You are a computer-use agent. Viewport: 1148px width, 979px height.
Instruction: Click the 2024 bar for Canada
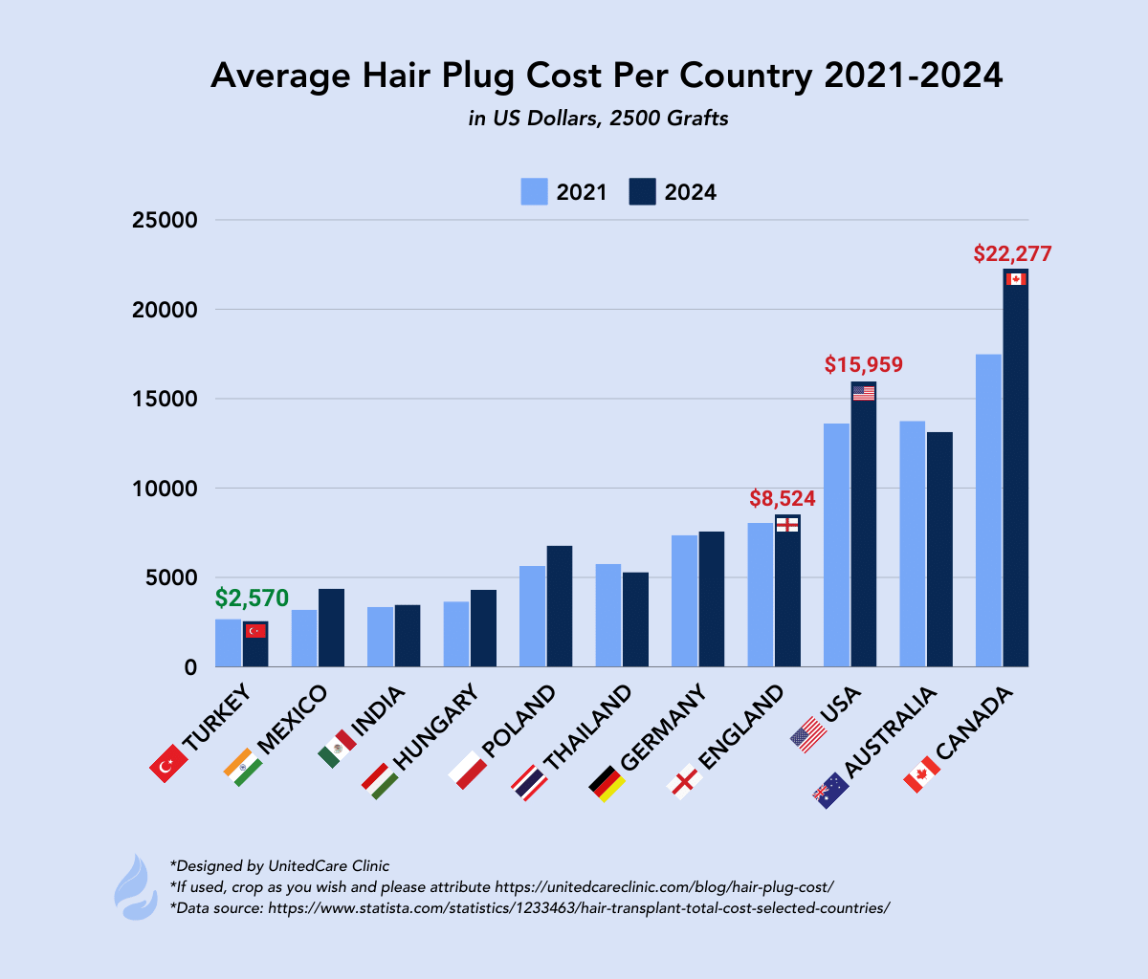pyautogui.click(x=1015, y=478)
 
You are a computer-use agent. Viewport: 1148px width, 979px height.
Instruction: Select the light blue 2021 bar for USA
pyautogui.click(x=836, y=545)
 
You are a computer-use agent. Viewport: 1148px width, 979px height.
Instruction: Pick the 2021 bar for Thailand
pyautogui.click(x=608, y=616)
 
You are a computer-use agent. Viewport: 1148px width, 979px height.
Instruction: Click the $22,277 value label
pyautogui.click(x=1012, y=254)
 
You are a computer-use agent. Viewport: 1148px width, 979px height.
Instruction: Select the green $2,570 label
pyautogui.click(x=252, y=598)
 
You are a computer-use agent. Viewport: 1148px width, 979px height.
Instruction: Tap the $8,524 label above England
pyautogui.click(x=783, y=498)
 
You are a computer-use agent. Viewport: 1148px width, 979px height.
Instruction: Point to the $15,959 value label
pyautogui.click(x=864, y=364)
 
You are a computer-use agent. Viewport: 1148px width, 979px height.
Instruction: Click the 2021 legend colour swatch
pyautogui.click(x=534, y=191)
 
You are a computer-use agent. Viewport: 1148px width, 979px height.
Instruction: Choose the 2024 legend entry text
pyautogui.click(x=690, y=192)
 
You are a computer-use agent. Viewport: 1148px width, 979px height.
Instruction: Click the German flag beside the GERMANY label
pyautogui.click(x=607, y=783)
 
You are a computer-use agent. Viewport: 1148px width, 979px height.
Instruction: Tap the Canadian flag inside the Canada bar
pyautogui.click(x=1016, y=278)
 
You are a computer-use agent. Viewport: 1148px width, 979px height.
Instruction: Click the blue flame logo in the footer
pyautogui.click(x=136, y=886)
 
